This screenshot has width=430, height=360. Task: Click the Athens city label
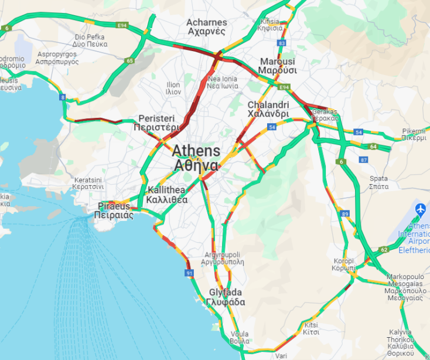point(196,158)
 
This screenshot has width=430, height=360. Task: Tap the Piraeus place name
point(114,210)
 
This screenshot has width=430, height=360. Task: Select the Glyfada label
point(226,297)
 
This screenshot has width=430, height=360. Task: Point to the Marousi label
point(278,66)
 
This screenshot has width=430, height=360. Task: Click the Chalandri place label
point(268,109)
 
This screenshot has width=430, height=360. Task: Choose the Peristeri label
point(156,123)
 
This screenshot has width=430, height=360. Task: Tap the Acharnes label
point(207,27)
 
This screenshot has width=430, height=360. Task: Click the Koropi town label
point(343,263)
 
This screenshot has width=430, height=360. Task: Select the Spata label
point(378,182)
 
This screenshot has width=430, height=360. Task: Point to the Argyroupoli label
point(223,259)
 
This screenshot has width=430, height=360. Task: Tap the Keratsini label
point(88,183)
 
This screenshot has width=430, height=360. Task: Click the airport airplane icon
point(420,209)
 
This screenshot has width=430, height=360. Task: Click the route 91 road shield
point(189,273)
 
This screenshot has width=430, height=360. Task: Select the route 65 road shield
point(129,60)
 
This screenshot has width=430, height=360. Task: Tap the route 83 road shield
point(282,43)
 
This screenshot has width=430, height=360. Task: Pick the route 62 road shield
point(384,250)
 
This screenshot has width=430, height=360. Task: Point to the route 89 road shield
point(346,214)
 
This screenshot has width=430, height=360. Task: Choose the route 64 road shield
point(373,146)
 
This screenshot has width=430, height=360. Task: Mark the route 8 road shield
point(63,98)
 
